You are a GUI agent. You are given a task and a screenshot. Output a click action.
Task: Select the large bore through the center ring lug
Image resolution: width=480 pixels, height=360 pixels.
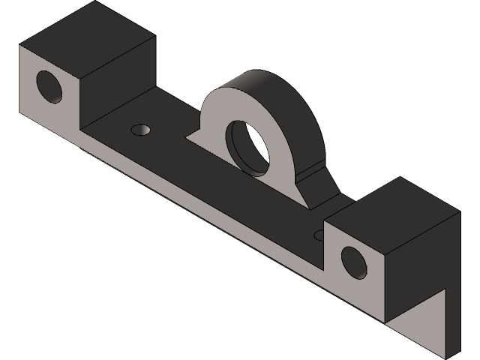coord(249,142)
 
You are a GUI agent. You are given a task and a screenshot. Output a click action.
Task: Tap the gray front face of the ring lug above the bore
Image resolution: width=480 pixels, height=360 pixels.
coord(225,105)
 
